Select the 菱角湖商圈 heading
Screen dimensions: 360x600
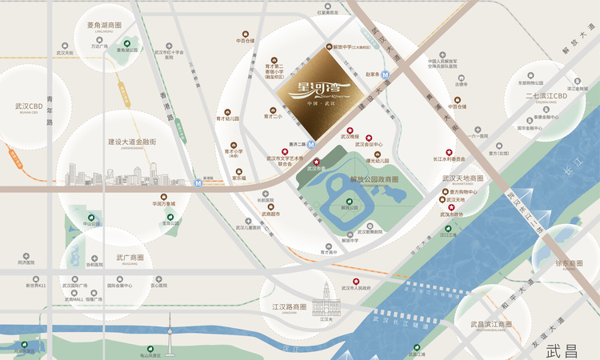click(x=104, y=25)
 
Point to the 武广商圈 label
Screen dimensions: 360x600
click(x=130, y=258)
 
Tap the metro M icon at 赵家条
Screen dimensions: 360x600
click(x=386, y=74)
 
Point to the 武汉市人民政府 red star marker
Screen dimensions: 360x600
click(x=356, y=281)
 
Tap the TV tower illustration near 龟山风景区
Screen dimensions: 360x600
click(x=170, y=331)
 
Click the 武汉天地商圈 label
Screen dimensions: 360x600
click(x=462, y=178)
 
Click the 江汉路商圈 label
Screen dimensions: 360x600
click(x=290, y=306)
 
